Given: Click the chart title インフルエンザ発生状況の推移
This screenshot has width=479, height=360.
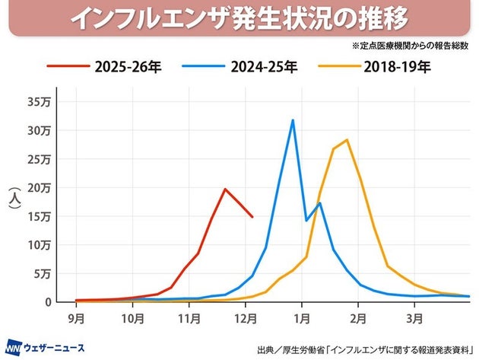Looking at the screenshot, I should (240, 18).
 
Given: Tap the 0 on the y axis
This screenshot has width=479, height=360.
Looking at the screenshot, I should (48, 301).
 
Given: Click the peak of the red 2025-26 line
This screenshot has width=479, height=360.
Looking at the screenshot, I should (225, 189).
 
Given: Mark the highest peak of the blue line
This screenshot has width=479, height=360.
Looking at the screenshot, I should (293, 120).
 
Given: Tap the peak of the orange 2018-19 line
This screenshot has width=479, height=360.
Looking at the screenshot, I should (347, 140).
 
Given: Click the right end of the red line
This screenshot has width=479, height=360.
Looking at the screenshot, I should (252, 217).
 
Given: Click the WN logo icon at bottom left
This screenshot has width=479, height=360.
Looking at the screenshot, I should (14, 343).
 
